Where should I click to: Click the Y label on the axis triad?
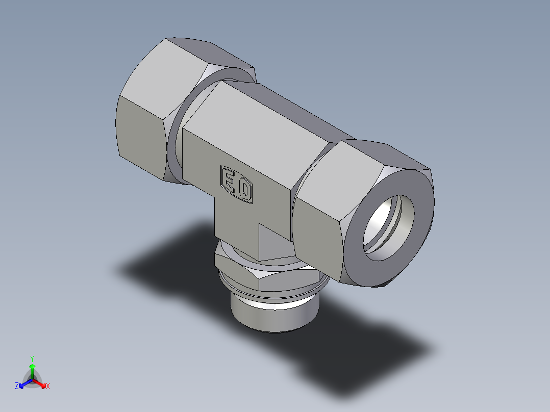click(32, 358)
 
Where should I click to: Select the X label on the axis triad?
click(48, 387)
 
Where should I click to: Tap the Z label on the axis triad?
click(17, 387)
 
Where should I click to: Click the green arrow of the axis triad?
click(32, 368)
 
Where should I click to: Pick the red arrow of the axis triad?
click(40, 383)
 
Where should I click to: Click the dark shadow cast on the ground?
click(357, 347)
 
